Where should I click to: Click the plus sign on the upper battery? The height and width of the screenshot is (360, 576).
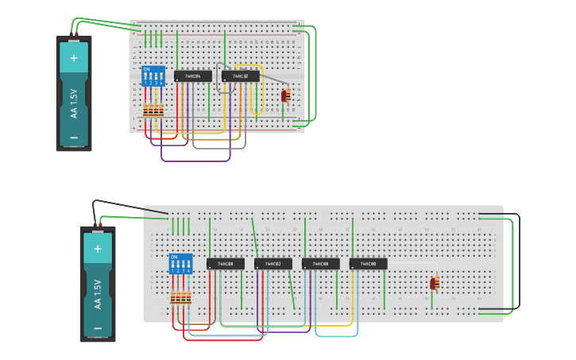[x=74, y=58]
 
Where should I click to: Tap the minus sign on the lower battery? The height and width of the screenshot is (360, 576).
[x=98, y=327]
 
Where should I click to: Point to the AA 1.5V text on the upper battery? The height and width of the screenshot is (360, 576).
[x=74, y=103]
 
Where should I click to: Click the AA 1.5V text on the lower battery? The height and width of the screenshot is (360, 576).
[x=98, y=294]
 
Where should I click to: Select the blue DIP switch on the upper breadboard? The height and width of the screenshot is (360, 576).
[x=153, y=76]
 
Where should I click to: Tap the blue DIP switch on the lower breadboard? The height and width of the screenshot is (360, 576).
[x=180, y=264]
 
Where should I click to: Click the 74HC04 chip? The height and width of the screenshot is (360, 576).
[x=193, y=76]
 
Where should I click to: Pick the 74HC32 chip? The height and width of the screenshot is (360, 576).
[x=241, y=76]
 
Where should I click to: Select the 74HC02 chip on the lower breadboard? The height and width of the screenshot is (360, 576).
[x=273, y=264]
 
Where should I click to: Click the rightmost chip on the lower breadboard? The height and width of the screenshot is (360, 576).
[x=368, y=264]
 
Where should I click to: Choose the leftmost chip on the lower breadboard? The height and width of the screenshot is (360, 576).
[x=226, y=264]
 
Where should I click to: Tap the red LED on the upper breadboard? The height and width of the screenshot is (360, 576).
[x=284, y=96]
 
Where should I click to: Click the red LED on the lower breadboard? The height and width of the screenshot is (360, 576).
[x=434, y=284]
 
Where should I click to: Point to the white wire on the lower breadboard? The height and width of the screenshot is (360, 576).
[x=413, y=263]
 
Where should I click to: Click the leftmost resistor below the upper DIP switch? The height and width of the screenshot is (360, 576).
[x=146, y=110]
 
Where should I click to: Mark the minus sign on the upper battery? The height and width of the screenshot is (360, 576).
[x=74, y=137]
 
